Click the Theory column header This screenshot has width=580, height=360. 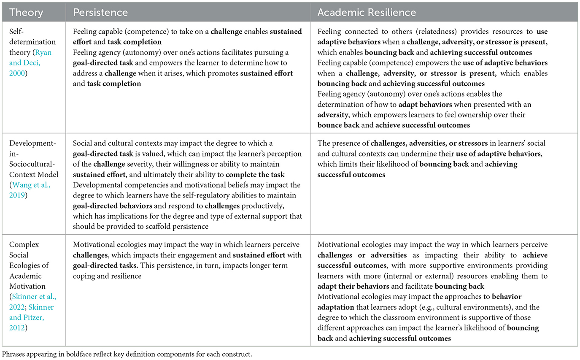point(26,13)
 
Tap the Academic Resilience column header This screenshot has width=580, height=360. point(367,13)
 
